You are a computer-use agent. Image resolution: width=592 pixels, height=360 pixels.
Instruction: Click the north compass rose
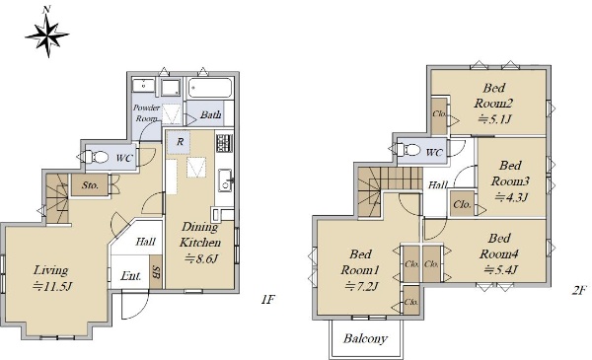[x=47, y=34]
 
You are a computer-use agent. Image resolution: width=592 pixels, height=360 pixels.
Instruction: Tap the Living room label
[x=50, y=270]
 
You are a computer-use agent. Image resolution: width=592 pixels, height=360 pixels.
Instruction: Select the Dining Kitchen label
[x=200, y=235]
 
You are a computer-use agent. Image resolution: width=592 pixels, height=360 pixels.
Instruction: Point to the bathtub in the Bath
[x=209, y=89]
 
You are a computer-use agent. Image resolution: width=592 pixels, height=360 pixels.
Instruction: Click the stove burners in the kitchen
[x=224, y=143]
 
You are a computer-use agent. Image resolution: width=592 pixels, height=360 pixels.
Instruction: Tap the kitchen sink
[x=225, y=180]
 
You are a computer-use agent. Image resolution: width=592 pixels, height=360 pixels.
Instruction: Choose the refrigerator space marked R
[x=180, y=142]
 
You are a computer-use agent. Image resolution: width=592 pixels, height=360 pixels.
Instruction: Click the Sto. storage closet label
[x=90, y=185]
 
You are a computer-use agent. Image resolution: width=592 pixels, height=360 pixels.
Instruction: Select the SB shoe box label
[x=156, y=272]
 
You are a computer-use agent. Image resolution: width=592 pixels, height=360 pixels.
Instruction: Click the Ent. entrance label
[x=131, y=276]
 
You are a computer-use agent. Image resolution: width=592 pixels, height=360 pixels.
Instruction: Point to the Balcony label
[x=365, y=338]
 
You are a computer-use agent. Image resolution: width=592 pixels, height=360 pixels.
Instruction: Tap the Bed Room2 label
[x=493, y=96]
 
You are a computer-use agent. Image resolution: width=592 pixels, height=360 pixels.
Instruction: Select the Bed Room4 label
[x=498, y=246]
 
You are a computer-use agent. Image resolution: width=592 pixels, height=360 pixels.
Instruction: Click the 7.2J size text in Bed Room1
[x=361, y=287]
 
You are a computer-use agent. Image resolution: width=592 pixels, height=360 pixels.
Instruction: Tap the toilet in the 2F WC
[x=409, y=150]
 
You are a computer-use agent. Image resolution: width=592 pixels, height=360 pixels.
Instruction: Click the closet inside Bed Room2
[x=439, y=115]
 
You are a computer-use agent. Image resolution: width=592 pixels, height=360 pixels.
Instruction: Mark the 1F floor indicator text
[x=267, y=300]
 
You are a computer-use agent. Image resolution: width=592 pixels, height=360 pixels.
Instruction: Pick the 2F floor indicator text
[x=579, y=290]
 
